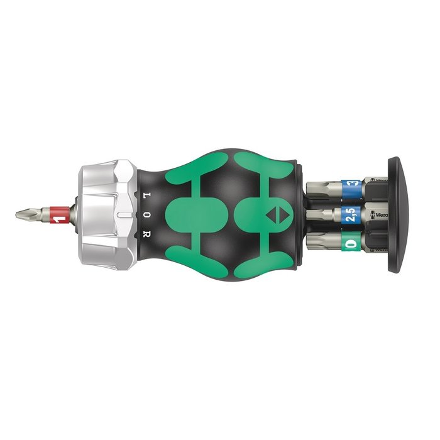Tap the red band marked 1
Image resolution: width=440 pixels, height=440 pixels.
click(60, 215)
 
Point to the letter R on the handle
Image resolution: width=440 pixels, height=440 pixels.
click(145, 236)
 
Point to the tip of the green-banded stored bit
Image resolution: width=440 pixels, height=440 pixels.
click(314, 241)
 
